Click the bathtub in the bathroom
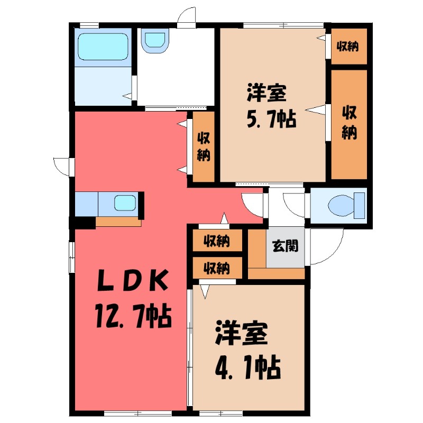point(103,47)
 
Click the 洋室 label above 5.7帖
point(267,94)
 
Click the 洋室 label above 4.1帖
point(242,335)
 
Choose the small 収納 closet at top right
point(348,47)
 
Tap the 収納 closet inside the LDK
point(204,146)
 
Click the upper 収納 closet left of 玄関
point(217,241)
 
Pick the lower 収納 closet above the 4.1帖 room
point(217,268)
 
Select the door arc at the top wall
point(186,17)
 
